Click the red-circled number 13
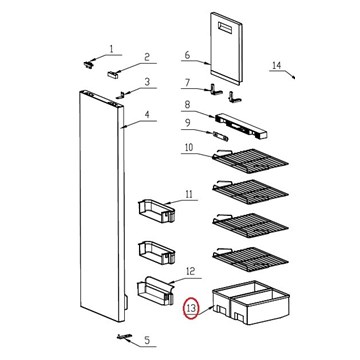pyautogui.click(x=192, y=309)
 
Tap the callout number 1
pyautogui.click(x=111, y=49)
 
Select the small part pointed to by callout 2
pyautogui.click(x=113, y=75)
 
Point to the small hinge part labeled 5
pyautogui.click(x=124, y=337)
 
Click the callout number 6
pyautogui.click(x=187, y=55)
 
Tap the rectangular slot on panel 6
pyautogui.click(x=225, y=28)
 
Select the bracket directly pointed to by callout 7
pyautogui.click(x=215, y=90)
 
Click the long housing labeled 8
pyautogui.click(x=241, y=126)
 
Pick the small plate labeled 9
pyautogui.click(x=221, y=136)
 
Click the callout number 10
pyautogui.click(x=189, y=148)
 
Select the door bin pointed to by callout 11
pyautogui.click(x=156, y=211)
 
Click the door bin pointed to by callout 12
pyautogui.click(x=156, y=290)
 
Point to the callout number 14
pyautogui.click(x=277, y=65)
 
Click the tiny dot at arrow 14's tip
pyautogui.click(x=294, y=78)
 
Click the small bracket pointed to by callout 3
pyautogui.click(x=120, y=95)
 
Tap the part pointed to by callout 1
pyautogui.click(x=88, y=64)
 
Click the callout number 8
pyautogui.click(x=187, y=105)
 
